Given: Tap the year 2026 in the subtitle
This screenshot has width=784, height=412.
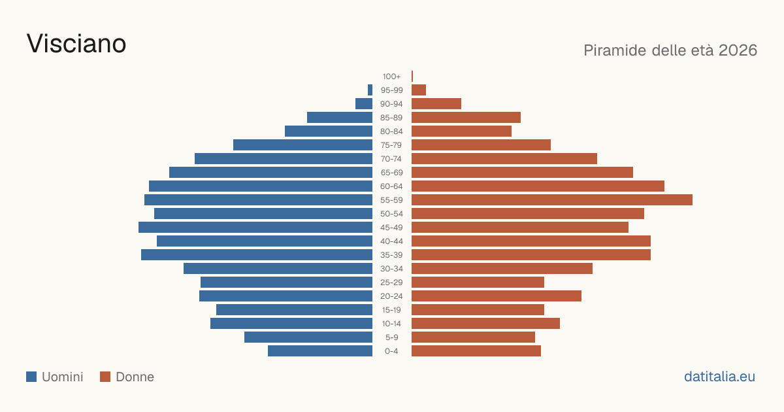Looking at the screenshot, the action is (738, 50).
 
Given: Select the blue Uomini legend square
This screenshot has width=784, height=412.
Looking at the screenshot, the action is (31, 377).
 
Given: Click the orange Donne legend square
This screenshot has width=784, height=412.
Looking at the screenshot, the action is (105, 377).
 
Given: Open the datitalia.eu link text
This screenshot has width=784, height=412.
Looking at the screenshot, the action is (719, 377).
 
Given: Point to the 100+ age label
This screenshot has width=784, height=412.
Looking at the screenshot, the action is (391, 77).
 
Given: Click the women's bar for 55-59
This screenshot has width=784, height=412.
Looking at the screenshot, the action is (552, 199).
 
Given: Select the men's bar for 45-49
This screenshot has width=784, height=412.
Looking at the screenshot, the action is (255, 228).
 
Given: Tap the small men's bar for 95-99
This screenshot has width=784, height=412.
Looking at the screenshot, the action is (370, 90).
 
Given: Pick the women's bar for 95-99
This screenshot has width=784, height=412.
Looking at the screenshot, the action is (419, 90).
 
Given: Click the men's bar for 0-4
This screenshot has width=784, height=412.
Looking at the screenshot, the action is (320, 351).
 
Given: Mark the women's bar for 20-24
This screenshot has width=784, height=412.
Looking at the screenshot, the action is (497, 296).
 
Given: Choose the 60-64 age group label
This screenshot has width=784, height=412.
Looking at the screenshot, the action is (391, 186).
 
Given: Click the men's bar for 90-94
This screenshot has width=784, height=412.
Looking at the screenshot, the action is (364, 104).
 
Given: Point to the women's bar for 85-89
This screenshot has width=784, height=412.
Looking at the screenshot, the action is (466, 117).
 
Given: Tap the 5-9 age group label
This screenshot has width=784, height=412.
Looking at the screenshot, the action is (391, 337).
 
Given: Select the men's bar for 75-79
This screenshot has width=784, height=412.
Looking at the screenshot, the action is (302, 145).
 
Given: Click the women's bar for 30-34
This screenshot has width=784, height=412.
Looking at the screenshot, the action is (502, 268).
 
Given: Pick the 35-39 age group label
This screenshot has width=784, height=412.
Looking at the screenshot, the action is (391, 255).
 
